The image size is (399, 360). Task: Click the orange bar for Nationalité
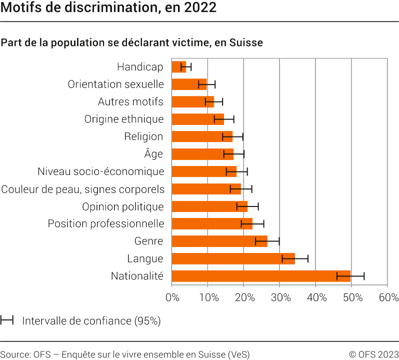point(261,276)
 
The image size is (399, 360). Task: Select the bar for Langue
point(233,258)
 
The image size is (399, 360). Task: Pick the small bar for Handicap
point(179,67)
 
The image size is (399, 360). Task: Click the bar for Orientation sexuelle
point(189,84)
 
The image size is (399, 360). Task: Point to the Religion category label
point(143,136)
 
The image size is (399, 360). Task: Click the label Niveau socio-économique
point(101,171)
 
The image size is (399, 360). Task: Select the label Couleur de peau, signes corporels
point(83,189)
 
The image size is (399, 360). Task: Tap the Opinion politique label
point(122,206)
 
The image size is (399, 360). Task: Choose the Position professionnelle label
point(106,223)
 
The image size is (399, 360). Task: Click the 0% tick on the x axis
point(172,298)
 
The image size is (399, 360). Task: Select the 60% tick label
point(388,298)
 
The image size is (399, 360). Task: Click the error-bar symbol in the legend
point(7,320)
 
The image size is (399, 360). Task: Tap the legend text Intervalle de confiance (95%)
point(91,321)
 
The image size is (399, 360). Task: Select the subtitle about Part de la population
point(132,42)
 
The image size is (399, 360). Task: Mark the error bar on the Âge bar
point(234,154)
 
